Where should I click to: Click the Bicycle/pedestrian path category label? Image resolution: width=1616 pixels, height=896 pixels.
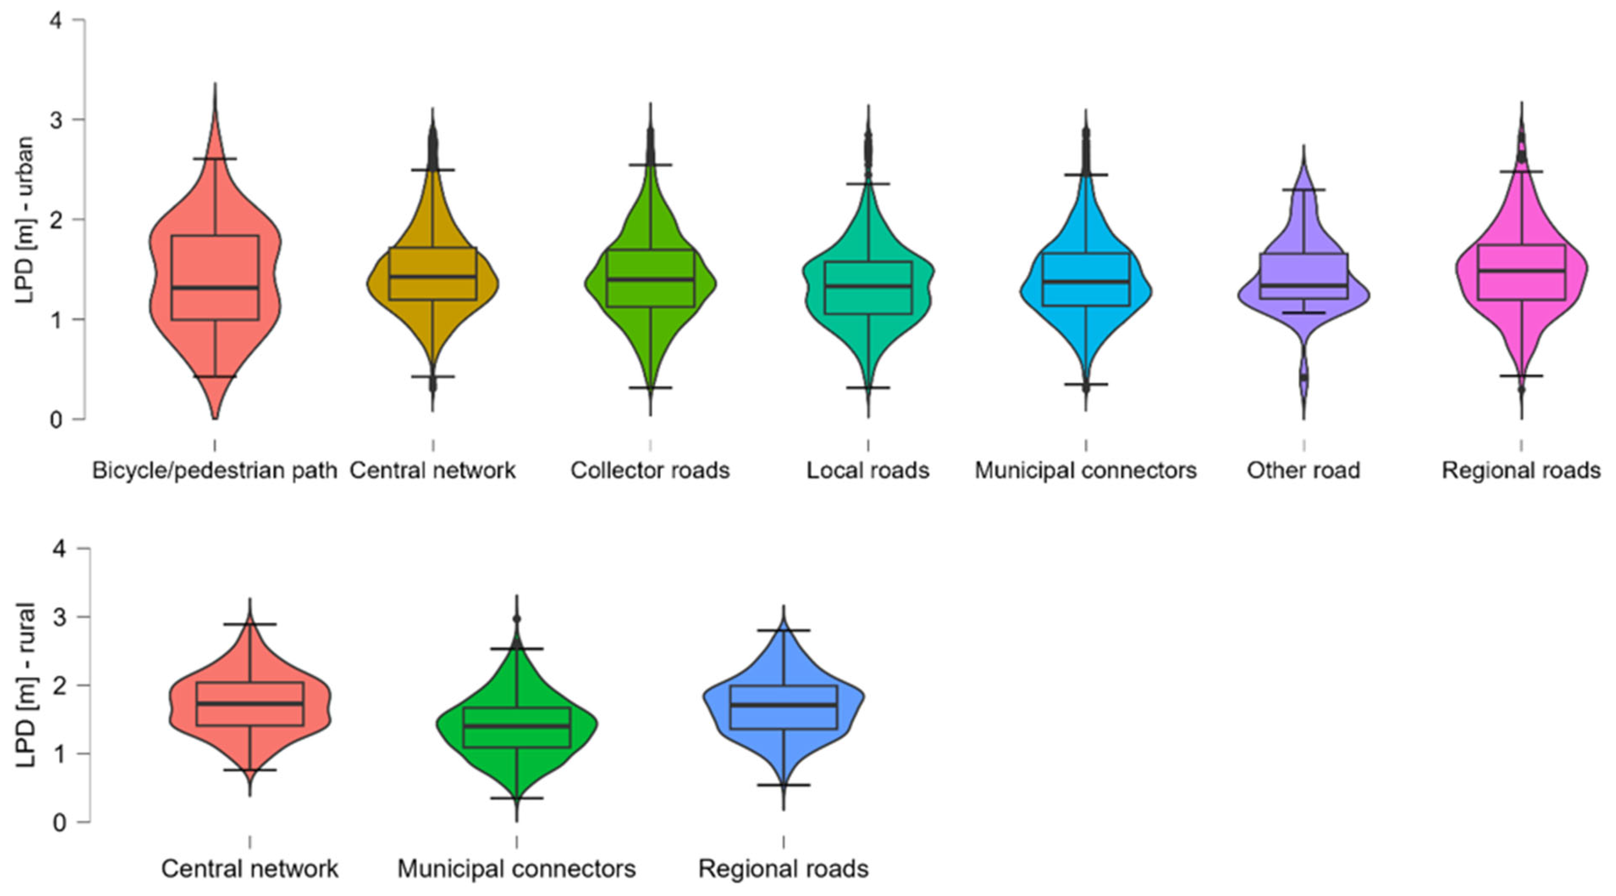click(215, 470)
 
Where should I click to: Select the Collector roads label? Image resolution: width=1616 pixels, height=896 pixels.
click(650, 470)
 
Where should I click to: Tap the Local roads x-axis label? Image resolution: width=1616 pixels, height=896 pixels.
click(867, 470)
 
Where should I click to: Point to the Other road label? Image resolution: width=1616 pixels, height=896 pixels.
click(1303, 470)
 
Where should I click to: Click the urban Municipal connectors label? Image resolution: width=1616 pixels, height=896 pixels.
click(1085, 470)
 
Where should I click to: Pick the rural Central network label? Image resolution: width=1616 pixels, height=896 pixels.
click(250, 869)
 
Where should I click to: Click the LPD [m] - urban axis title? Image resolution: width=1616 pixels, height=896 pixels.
click(25, 220)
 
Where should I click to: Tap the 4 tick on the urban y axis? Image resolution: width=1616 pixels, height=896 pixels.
click(56, 21)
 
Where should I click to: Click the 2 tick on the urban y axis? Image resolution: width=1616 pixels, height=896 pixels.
click(56, 220)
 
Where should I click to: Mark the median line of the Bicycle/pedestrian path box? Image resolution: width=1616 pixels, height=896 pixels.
click(215, 288)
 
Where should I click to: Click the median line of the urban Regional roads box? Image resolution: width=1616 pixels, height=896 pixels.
click(1521, 271)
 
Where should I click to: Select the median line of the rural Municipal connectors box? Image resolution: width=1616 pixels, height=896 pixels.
click(516, 726)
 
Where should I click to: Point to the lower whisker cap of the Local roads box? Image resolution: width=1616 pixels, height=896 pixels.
click(867, 387)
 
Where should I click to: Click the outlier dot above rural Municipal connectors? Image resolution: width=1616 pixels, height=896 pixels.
click(516, 619)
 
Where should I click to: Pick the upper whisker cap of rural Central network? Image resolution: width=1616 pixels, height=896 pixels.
click(250, 624)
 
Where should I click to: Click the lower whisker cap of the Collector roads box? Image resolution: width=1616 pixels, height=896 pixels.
click(650, 387)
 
